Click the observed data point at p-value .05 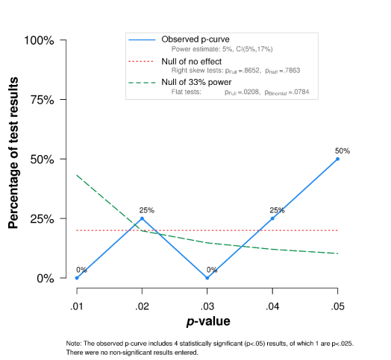point(337,159)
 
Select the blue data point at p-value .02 point(142,218)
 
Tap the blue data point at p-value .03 point(207,278)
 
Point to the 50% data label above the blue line point(342,150)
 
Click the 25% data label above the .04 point point(277,210)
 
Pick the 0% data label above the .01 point point(81,270)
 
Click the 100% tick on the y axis point(39,40)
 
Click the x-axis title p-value point(207,322)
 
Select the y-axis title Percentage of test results point(13,159)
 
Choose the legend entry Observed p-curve point(195,39)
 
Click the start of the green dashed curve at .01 point(77,175)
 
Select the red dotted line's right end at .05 point(337,230)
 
